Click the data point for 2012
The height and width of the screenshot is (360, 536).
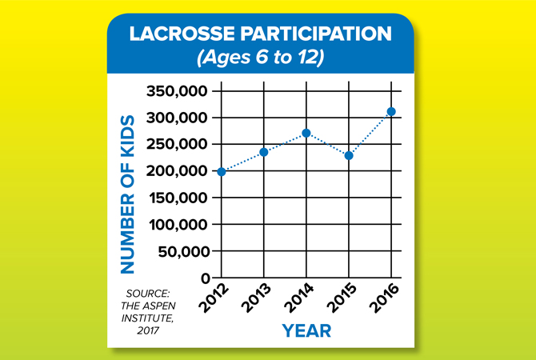coord(222,172)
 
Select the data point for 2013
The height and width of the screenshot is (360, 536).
coord(264,152)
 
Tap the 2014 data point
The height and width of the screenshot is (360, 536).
coord(306,133)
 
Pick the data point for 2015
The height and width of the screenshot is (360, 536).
coord(349,156)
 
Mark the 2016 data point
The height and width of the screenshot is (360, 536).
coord(391,111)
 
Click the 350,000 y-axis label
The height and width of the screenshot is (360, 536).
coord(177,92)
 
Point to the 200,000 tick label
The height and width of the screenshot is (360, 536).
coord(177,171)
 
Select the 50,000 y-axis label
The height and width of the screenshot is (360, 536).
coord(183,252)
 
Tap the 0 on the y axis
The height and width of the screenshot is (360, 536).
coord(205,278)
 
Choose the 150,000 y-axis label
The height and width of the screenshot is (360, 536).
coord(178,198)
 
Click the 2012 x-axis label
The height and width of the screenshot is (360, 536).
coord(214,298)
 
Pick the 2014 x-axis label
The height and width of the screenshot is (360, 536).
coord(298,298)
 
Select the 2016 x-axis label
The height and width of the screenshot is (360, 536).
coord(385,298)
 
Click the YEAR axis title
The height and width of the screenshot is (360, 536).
coord(306,330)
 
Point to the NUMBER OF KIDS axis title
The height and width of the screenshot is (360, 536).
coord(127,194)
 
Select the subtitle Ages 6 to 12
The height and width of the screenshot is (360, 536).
coord(260,58)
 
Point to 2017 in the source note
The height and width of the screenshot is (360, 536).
coord(148,331)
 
